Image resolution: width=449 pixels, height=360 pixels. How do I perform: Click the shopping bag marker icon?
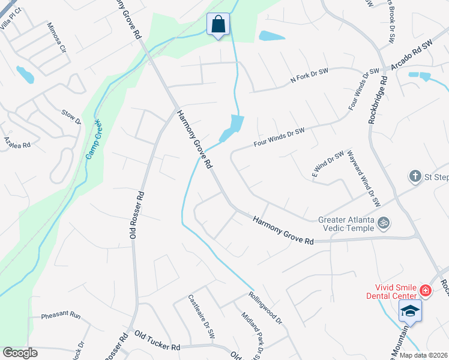coord(218,25)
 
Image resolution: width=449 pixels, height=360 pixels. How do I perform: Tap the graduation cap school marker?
coord(411,311)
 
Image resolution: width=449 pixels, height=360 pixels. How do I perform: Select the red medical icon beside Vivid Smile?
coord(426,291)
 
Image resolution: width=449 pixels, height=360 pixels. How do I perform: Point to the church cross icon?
coord(414,176)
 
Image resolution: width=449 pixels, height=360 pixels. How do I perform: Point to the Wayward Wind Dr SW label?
coord(365,179)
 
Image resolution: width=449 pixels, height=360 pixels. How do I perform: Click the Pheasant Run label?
coord(61,315)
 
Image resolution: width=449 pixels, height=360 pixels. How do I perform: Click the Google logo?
coord(20,353)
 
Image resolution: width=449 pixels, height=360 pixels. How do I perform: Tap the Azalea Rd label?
coord(17,142)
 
